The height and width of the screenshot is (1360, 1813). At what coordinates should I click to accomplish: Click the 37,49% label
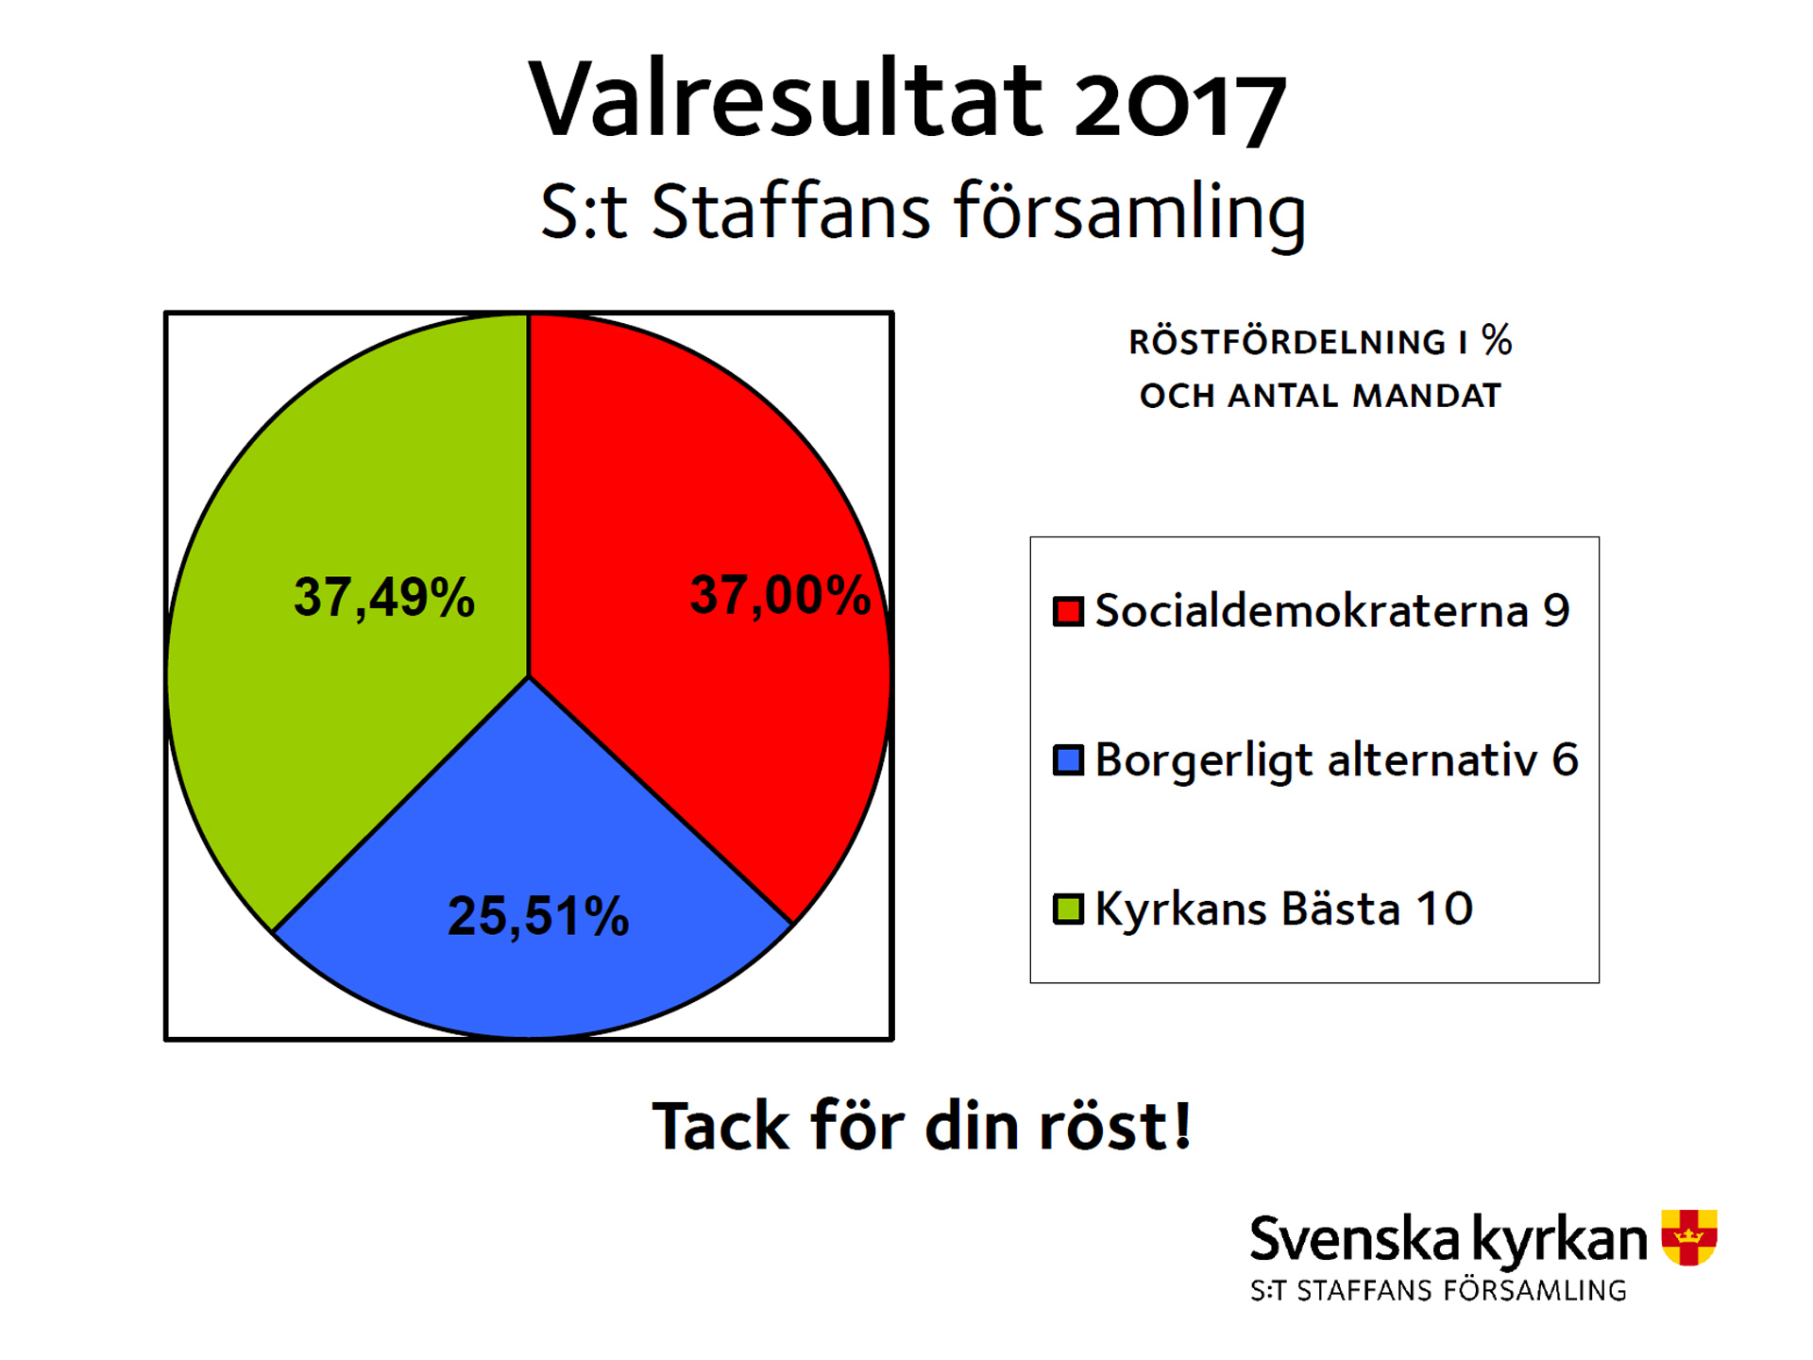[x=384, y=597]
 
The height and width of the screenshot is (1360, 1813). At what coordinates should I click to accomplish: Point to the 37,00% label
[x=780, y=595]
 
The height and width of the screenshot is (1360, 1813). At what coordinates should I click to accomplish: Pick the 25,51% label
[x=538, y=916]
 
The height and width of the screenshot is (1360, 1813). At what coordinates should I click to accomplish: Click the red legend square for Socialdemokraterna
[x=1068, y=611]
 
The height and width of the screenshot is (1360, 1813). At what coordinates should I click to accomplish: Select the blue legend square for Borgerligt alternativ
[x=1068, y=760]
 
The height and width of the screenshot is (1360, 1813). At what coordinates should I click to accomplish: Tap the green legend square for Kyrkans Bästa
[x=1068, y=909]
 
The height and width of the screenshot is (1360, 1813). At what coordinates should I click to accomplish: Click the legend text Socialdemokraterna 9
[x=1332, y=610]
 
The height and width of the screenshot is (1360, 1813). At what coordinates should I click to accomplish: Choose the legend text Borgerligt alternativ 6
[x=1337, y=761]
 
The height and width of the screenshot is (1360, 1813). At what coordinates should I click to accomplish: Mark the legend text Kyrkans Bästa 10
[x=1284, y=909]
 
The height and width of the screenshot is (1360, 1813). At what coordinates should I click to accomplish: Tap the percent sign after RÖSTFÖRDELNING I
[x=1497, y=340]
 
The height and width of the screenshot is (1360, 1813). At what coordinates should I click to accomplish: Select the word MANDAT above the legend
[x=1427, y=396]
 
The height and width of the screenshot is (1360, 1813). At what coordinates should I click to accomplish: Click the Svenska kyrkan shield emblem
[x=1689, y=1237]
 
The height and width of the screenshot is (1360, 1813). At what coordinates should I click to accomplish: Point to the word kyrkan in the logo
[x=1560, y=1240]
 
